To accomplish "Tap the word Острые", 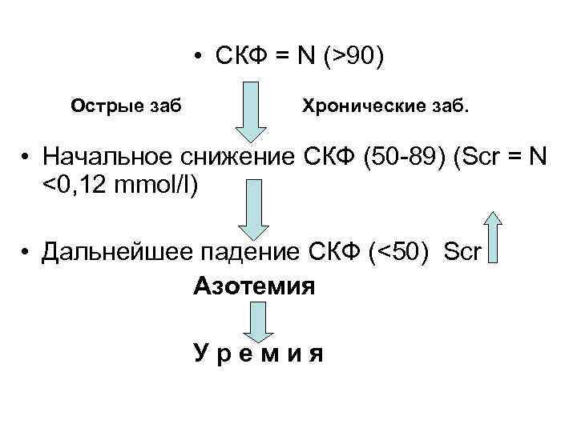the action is [100, 104].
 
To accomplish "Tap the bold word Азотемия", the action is [254, 286].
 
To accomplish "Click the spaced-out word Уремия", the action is [258, 354].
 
